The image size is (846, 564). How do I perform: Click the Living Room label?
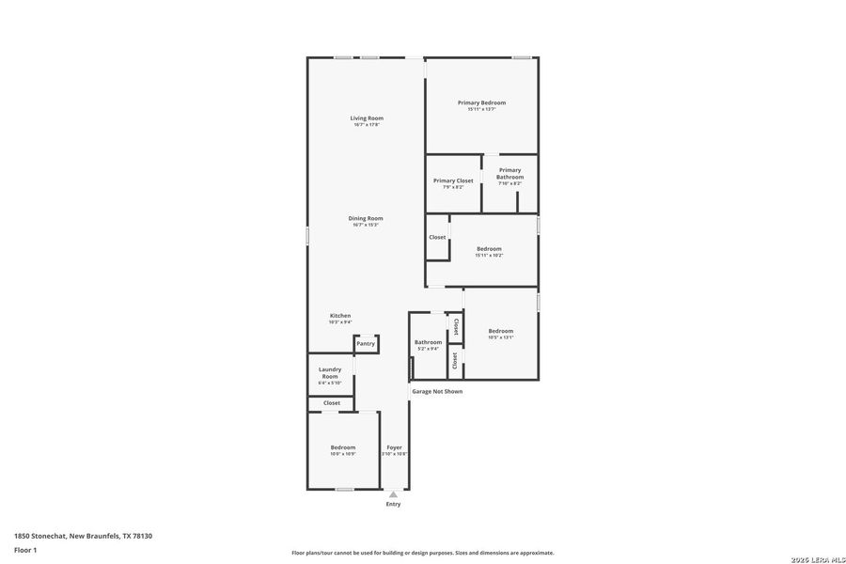(x=367, y=118)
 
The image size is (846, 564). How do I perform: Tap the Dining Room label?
(x=367, y=218)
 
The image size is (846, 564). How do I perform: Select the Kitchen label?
(x=340, y=316)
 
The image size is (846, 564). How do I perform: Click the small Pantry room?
(x=366, y=344)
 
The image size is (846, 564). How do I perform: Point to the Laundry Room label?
(x=330, y=373)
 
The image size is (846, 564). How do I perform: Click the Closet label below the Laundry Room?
(x=332, y=403)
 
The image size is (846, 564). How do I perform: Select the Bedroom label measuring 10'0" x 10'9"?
(x=343, y=447)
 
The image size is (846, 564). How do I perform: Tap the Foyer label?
(x=395, y=447)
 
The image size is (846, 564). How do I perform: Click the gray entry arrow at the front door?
(x=393, y=494)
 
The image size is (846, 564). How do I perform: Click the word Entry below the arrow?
(x=393, y=505)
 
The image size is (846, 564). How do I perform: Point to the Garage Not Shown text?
(x=437, y=391)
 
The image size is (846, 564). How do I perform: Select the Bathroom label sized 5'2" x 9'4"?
(x=428, y=342)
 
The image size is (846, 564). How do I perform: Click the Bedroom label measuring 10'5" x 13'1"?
(x=501, y=331)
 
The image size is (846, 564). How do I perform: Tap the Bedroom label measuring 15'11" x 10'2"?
(x=489, y=249)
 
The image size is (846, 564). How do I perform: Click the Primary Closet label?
(x=453, y=180)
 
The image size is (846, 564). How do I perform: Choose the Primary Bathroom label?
(x=510, y=174)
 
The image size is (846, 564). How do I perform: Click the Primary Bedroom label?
(x=482, y=102)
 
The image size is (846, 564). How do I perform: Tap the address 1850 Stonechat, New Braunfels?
(x=83, y=536)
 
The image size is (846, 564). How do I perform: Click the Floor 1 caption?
(x=25, y=549)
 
